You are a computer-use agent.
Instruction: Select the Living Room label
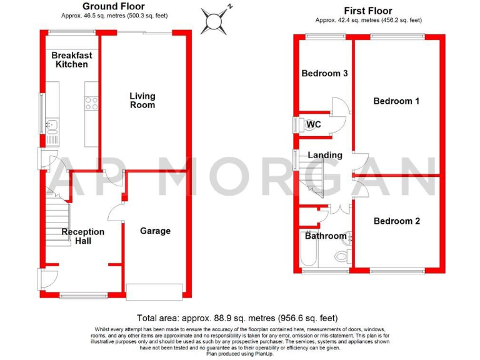tap(142, 101)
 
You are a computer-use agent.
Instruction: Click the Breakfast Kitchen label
tap(72, 60)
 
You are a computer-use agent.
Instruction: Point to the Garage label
tap(155, 231)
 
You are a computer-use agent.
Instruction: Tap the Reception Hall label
tap(82, 236)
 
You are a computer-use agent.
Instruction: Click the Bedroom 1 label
tap(396, 101)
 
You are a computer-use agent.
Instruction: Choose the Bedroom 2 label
tap(396, 221)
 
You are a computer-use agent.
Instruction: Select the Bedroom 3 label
tap(324, 74)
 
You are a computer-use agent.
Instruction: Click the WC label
tap(314, 124)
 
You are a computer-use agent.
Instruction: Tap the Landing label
tap(325, 155)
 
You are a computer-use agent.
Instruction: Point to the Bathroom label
tap(325, 236)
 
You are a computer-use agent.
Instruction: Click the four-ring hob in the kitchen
tap(91, 103)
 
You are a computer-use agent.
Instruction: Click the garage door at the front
tap(155, 290)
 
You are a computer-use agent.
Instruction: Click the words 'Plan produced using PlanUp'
tap(240, 354)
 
